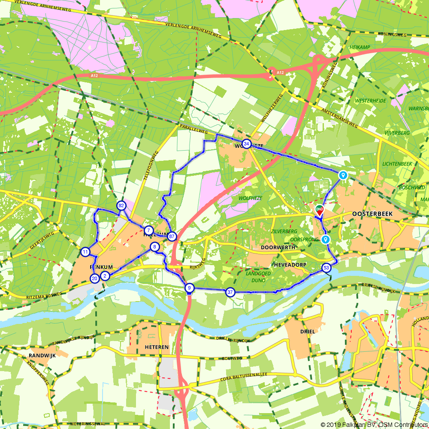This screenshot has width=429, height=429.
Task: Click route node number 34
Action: coord(246,144)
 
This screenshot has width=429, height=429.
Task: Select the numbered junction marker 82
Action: coord(121,205)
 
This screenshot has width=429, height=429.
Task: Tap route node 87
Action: coord(172,236)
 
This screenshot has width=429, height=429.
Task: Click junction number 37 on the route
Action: coord(230,292)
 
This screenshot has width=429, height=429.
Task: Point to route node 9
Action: coord(189,288)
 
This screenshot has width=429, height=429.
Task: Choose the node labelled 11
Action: coord(85,252)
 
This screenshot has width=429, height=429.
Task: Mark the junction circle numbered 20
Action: coord(94,278)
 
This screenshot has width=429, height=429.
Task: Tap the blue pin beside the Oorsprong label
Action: coord(326,239)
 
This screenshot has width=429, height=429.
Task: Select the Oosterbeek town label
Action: coord(369,213)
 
